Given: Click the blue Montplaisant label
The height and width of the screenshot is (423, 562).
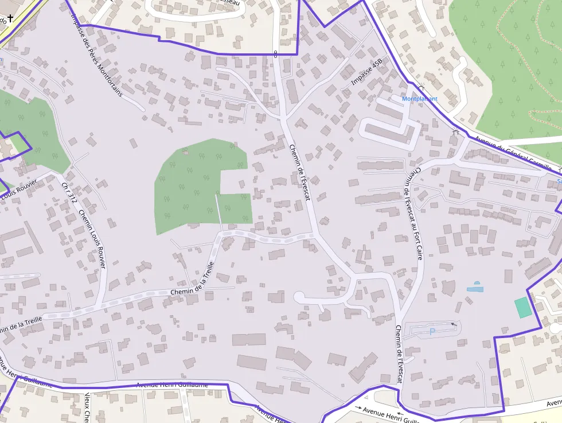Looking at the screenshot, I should (x=420, y=99).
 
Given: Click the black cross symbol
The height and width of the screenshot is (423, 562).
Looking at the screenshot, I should (x=10, y=18).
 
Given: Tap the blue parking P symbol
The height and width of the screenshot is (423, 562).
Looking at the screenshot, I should (x=432, y=331).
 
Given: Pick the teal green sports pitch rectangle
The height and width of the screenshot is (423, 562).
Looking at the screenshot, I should (x=522, y=308).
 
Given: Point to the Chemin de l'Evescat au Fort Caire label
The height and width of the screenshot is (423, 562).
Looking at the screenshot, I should (x=414, y=213).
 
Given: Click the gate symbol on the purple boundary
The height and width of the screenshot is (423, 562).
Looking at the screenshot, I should (x=276, y=54).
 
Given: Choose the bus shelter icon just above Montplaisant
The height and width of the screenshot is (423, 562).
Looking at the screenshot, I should (x=421, y=87).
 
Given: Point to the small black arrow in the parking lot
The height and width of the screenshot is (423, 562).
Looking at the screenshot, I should (x=454, y=324).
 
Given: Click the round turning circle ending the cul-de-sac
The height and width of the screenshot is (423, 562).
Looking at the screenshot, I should (x=299, y=297).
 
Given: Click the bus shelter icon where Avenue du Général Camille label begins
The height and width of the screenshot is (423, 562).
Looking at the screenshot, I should (x=456, y=133).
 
